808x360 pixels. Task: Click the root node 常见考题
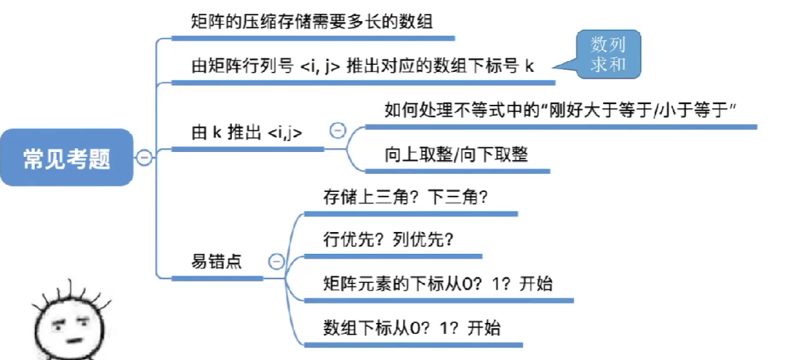[x=67, y=158]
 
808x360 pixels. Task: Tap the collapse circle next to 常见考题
[x=144, y=157]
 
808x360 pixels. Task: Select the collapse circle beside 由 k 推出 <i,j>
[x=337, y=131]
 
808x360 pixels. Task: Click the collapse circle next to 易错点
[x=276, y=261]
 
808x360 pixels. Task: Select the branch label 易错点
[x=217, y=262]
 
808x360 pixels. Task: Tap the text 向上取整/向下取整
[x=456, y=155]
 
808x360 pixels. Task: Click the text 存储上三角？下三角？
[x=404, y=197]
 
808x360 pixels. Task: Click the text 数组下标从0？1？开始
[x=412, y=327]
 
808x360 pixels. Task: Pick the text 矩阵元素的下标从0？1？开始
[x=438, y=284]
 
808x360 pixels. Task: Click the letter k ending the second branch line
[x=529, y=66]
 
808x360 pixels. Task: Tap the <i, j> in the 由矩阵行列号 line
[x=321, y=66]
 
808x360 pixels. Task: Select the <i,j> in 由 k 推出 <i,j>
[x=286, y=133]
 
